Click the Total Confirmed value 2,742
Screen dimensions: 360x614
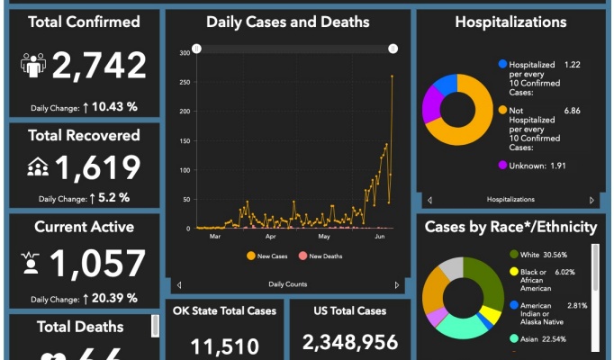pos(99,66)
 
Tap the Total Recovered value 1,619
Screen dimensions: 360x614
pos(98,166)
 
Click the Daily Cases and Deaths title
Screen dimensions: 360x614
pos(287,22)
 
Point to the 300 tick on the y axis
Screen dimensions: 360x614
pos(184,53)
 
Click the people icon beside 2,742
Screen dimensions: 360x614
pos(33,66)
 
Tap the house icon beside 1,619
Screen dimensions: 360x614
pos(38,166)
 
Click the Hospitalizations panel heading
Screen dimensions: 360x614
pos(510,22)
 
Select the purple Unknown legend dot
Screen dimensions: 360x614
pos(501,166)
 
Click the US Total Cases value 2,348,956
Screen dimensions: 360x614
pos(350,342)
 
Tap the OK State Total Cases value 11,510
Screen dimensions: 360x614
pos(225,346)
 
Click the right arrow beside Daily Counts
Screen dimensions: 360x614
pos(397,284)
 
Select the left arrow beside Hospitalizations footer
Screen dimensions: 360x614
pos(429,200)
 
